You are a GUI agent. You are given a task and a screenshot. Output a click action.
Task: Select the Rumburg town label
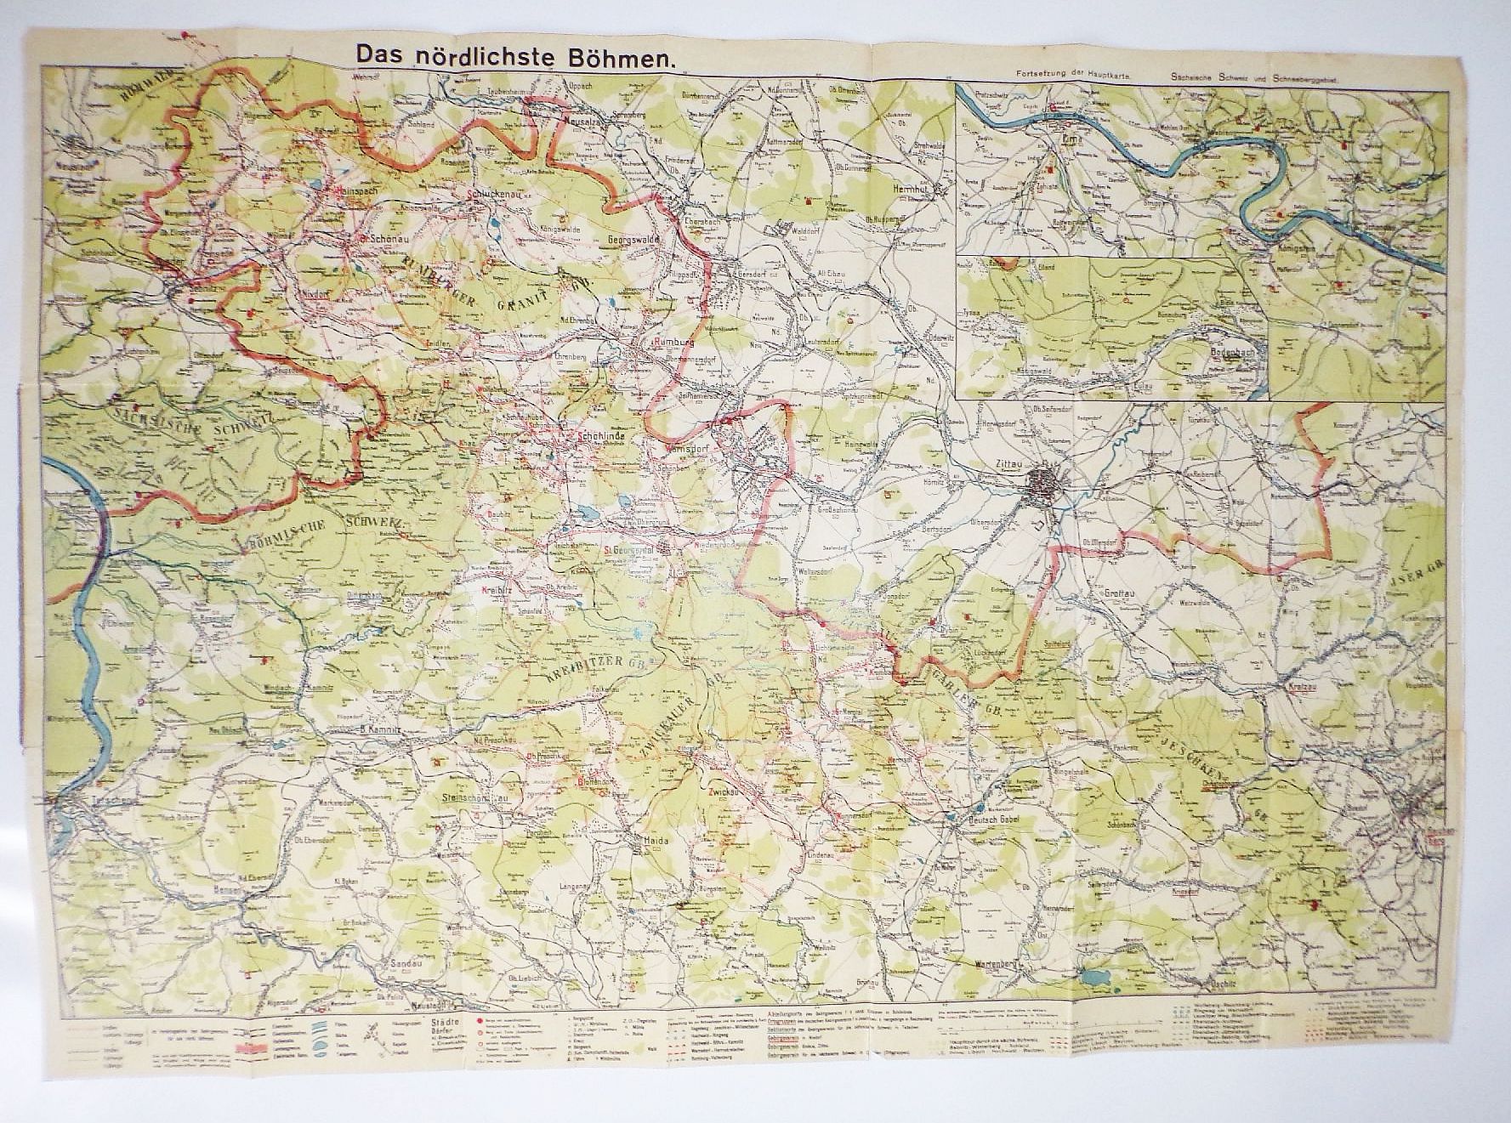pyautogui.click(x=675, y=342)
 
